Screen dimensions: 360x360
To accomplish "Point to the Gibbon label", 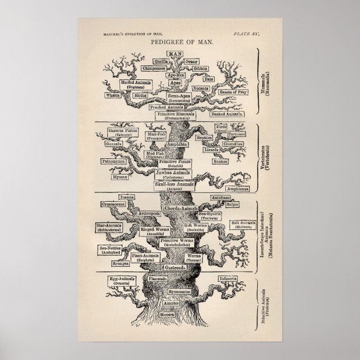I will coord(201,69).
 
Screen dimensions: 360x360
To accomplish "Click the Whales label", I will coord(113,96).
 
